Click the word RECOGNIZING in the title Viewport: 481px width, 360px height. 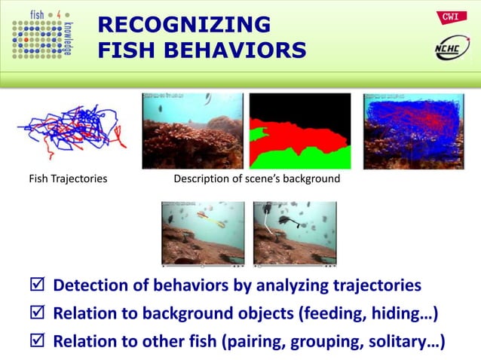pyautogui.click(x=184, y=25)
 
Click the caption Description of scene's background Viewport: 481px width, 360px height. pyautogui.click(x=256, y=178)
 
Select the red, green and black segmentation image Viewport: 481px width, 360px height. pyautogui.click(x=299, y=131)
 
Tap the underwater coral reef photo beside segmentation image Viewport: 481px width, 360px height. pyautogui.click(x=192, y=131)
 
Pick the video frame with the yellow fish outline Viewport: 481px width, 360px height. pyautogui.click(x=203, y=233)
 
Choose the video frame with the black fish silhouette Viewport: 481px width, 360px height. pyautogui.click(x=295, y=233)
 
